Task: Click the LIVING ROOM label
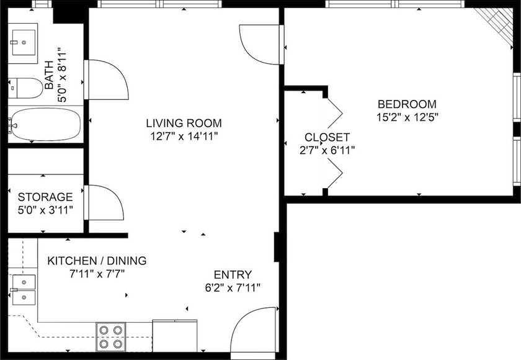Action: [x=184, y=123]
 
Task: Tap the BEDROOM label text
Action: [x=407, y=104]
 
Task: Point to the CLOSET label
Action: [x=327, y=137]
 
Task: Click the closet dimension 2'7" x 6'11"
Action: [x=327, y=150]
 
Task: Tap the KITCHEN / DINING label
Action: [x=97, y=261]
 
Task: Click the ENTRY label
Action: [x=233, y=275]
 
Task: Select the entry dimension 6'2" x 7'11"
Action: [x=233, y=287]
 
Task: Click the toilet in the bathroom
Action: [x=26, y=88]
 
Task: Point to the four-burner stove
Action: [x=111, y=337]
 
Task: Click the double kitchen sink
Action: [x=24, y=289]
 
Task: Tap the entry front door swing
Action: [x=256, y=329]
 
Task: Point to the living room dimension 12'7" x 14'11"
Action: [x=184, y=135]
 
